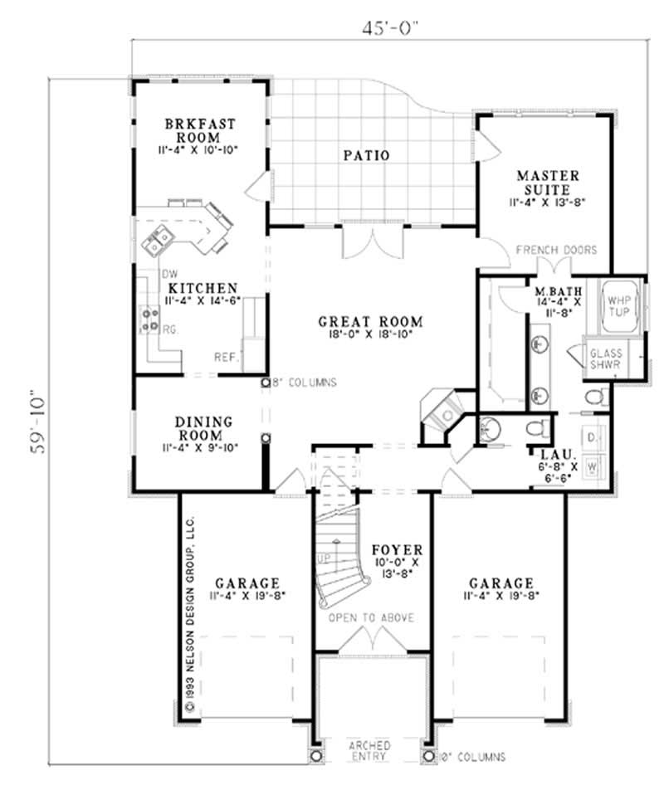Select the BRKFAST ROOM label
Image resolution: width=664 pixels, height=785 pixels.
pos(200,130)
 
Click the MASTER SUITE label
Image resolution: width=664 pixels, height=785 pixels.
pos(547,183)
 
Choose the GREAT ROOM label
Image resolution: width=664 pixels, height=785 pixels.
pos(371,321)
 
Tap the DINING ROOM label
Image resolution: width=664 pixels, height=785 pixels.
pos(203,429)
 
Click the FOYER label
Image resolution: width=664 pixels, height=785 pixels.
pos(398,549)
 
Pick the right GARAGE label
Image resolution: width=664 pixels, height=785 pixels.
pos(500,583)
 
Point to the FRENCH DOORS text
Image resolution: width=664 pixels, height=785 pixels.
pos(556,250)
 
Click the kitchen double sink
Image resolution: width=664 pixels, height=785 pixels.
pos(157,241)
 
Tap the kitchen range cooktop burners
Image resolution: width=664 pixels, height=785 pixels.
pos(150,319)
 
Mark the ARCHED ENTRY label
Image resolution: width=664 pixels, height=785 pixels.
pos(370,749)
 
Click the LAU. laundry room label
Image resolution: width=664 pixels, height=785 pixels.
pos(552,456)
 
